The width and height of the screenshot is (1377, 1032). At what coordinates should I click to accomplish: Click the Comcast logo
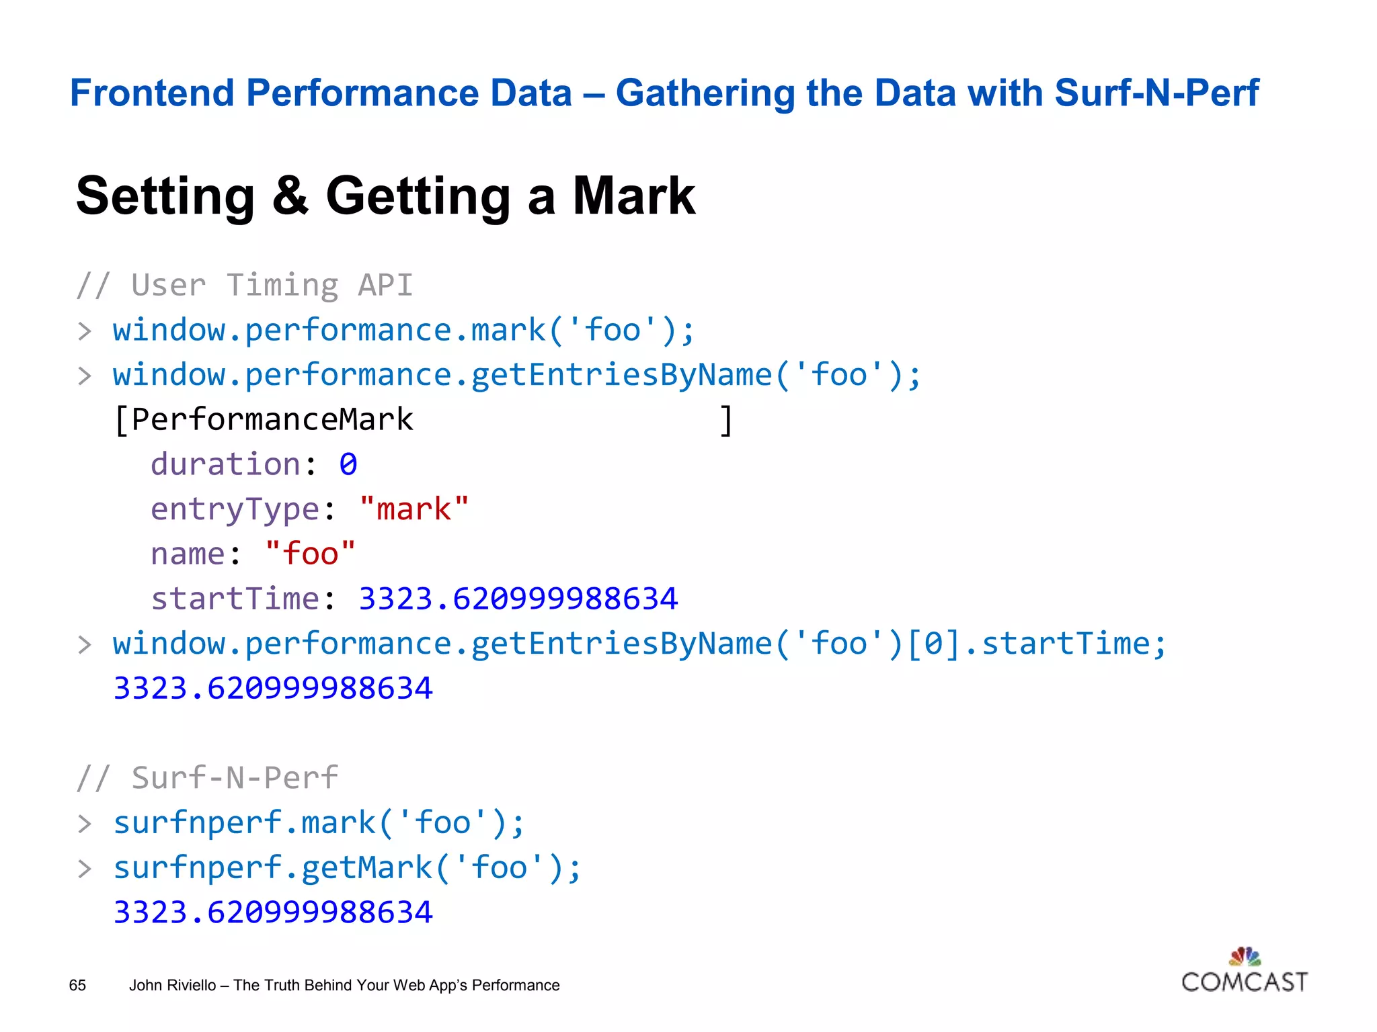pos(1244,972)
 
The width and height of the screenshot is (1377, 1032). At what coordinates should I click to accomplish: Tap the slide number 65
pos(77,985)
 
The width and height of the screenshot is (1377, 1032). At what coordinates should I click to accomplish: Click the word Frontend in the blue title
pos(153,93)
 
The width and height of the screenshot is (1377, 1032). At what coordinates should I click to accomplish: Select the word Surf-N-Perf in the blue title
pos(1156,93)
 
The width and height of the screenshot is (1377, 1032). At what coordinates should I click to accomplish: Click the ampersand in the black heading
pos(290,196)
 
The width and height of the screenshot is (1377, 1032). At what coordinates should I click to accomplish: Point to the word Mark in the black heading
pos(633,196)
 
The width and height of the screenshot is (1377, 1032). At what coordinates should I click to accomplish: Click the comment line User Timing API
pos(245,286)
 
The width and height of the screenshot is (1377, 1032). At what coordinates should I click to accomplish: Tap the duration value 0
pos(348,464)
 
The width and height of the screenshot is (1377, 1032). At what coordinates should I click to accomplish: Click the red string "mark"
pos(414,509)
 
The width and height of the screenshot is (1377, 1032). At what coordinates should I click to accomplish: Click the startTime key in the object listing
pos(235,599)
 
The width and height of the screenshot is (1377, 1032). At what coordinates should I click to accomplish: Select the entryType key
pos(235,509)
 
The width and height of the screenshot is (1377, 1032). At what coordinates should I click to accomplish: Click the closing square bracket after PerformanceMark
pos(726,421)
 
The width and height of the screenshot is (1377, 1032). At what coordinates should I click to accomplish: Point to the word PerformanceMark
pos(272,420)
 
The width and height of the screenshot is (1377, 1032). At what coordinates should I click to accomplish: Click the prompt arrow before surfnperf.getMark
pos(85,869)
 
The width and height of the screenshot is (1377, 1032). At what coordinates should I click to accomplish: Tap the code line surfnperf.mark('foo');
pos(319,823)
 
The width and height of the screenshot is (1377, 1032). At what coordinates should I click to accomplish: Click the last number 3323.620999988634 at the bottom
pos(273,912)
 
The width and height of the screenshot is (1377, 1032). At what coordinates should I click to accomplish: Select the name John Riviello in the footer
pos(172,985)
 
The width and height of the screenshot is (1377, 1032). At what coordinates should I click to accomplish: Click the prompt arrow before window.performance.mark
pos(85,331)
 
